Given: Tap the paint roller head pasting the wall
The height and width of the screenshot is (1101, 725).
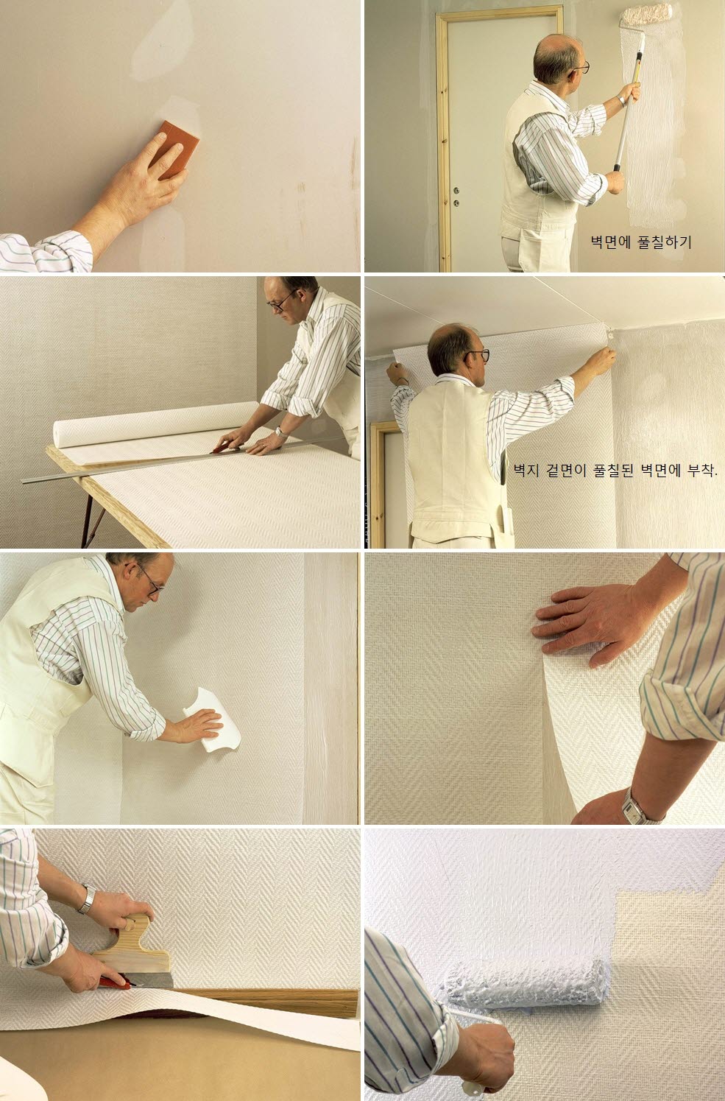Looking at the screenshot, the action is click(646, 15).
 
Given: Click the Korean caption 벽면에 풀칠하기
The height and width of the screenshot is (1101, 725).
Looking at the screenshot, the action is click(641, 242).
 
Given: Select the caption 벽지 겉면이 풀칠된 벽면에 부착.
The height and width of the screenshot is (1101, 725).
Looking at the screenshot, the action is click(615, 471).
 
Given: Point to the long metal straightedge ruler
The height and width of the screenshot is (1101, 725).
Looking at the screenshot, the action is click(182, 460).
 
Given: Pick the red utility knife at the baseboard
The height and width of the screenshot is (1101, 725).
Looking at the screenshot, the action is click(116, 982).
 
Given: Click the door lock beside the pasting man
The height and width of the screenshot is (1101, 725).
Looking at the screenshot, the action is click(456, 196).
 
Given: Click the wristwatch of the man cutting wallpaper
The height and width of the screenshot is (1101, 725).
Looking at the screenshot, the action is click(281, 432).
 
